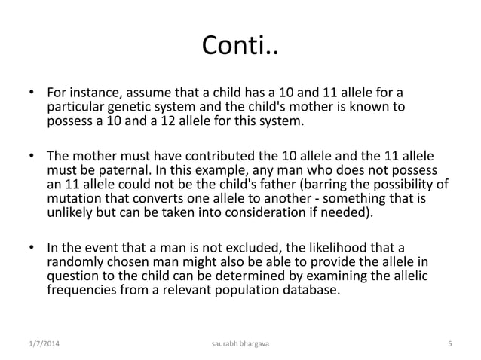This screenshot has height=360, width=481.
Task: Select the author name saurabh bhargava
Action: coord(240,344)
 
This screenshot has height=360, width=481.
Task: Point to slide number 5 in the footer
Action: coord(449,344)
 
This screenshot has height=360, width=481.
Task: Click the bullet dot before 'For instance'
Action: coord(32,94)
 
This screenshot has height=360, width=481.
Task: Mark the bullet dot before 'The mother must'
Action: coord(32,157)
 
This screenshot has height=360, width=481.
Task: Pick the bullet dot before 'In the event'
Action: coord(32,249)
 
